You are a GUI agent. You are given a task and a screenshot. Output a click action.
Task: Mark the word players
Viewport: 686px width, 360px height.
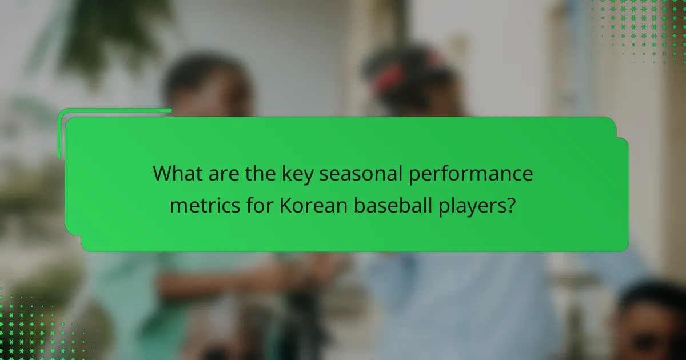point(469,205)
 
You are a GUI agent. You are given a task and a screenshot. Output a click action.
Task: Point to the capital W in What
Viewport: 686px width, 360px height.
point(163,174)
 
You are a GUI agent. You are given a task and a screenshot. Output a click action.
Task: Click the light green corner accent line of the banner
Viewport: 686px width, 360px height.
point(114,110)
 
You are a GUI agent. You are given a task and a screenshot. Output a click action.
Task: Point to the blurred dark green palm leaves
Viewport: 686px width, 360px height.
point(109,34)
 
